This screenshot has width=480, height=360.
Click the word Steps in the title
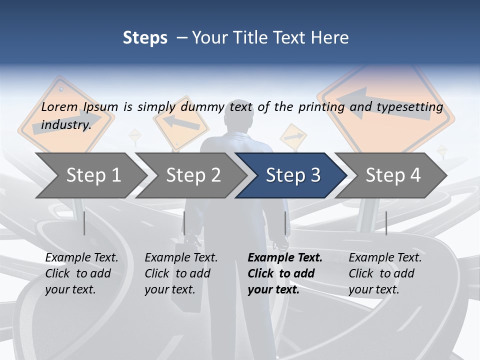(x=145, y=38)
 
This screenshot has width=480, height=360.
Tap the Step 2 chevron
(x=193, y=175)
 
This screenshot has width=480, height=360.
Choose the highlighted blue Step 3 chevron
(x=293, y=175)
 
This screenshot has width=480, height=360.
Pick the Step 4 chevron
(x=393, y=175)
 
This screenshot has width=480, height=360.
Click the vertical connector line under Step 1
(x=84, y=223)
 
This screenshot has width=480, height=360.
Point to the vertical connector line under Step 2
(x=184, y=223)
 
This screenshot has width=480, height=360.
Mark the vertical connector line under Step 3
(x=285, y=223)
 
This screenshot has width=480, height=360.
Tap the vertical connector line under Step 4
(x=386, y=223)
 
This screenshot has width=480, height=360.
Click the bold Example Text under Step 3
(x=285, y=273)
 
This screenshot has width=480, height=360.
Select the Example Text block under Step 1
(x=81, y=273)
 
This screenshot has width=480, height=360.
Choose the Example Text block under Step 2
(x=181, y=273)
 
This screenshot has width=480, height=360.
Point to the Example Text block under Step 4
(x=385, y=273)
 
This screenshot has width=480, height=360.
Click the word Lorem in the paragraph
(x=59, y=106)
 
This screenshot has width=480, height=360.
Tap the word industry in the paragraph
(x=65, y=124)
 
